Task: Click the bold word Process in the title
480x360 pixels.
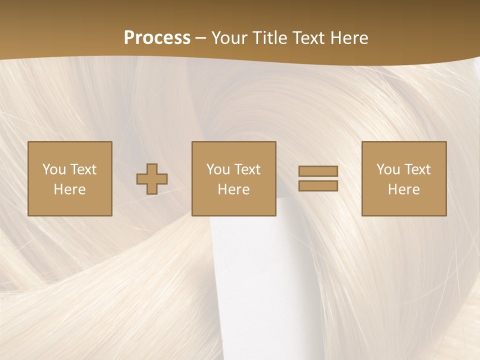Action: (x=157, y=38)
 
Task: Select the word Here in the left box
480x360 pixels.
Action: (x=70, y=189)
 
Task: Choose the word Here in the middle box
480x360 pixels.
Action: (x=234, y=189)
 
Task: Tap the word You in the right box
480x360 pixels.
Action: (x=388, y=169)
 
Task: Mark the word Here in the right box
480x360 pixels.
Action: (x=404, y=189)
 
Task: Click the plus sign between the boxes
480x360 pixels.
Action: (x=152, y=179)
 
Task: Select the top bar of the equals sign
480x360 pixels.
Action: (x=318, y=171)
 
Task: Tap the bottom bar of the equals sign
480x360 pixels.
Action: (x=318, y=185)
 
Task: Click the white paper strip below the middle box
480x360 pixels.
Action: (x=245, y=280)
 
